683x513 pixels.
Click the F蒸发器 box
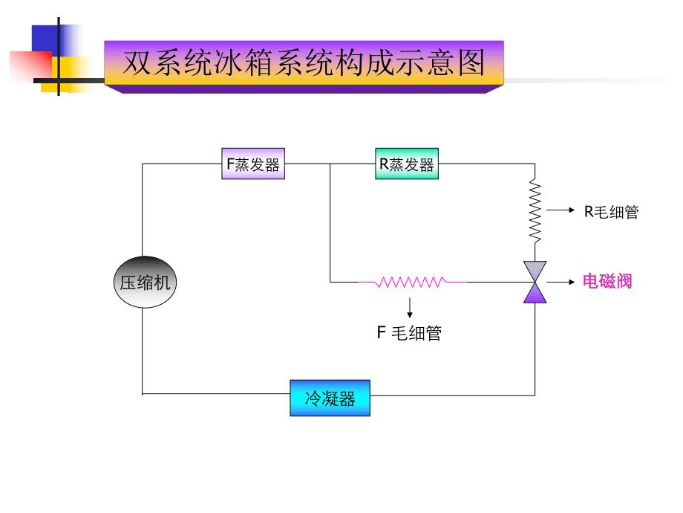click(x=254, y=164)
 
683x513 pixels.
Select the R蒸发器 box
click(x=406, y=164)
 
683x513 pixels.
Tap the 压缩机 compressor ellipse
click(x=146, y=282)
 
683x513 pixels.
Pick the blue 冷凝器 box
click(x=330, y=398)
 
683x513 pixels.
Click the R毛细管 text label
click(x=611, y=212)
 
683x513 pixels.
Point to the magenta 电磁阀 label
click(x=607, y=282)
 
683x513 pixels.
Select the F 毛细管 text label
click(x=409, y=333)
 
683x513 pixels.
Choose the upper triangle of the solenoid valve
click(x=535, y=271)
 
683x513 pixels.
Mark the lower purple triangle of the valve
click(x=535, y=294)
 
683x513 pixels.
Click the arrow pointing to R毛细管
click(x=561, y=211)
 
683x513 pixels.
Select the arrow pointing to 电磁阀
click(x=561, y=282)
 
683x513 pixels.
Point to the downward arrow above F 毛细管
click(x=410, y=308)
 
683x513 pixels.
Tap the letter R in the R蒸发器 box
click(x=383, y=164)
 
